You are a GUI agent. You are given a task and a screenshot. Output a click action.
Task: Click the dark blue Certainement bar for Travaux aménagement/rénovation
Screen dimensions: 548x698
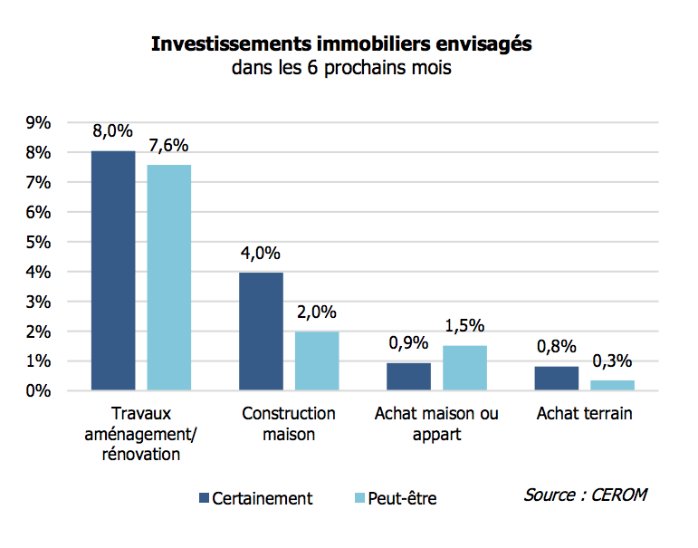[x=113, y=271]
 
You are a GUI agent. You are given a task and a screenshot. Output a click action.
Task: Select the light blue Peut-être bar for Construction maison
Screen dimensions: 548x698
[x=317, y=361]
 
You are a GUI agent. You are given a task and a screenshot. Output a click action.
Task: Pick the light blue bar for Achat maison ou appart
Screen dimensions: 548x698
[x=464, y=368]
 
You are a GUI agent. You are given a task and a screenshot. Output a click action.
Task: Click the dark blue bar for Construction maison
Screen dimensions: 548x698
[x=262, y=332]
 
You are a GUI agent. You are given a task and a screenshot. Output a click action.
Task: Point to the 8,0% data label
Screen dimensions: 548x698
[x=112, y=131]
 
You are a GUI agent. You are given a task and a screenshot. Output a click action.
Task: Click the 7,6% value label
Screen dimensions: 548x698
[x=169, y=146]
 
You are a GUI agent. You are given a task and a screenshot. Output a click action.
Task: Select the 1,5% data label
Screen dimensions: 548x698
[x=464, y=326]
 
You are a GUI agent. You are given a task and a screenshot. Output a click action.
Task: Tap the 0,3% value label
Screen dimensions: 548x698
[x=613, y=361]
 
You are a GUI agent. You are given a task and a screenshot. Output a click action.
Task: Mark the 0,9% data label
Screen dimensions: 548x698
[x=408, y=344]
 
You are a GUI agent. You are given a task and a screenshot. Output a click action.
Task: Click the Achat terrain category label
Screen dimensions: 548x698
[x=584, y=414]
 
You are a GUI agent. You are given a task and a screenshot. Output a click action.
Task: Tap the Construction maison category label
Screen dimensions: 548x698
[x=289, y=424]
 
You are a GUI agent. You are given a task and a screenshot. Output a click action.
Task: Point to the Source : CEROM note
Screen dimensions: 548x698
[x=585, y=495]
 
